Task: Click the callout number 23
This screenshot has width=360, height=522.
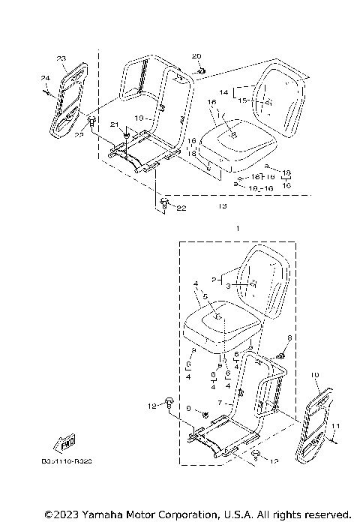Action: pos(61,58)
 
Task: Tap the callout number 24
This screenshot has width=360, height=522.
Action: pos(44,77)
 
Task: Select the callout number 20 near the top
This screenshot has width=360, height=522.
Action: pos(196,57)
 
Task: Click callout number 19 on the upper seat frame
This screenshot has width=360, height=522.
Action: pos(139,118)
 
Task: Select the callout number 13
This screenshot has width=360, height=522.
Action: pos(222,205)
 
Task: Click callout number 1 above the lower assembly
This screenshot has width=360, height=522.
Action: pos(238,226)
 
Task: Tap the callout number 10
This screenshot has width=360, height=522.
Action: pos(314,373)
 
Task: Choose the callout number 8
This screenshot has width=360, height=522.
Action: pos(280,338)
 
